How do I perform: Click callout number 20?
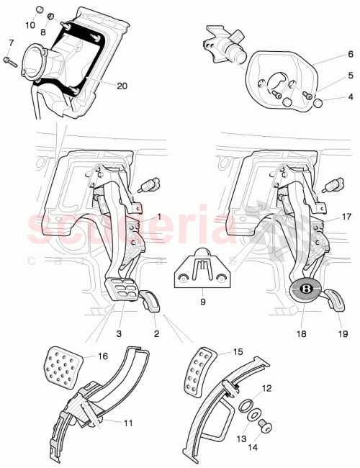click(x=122, y=86)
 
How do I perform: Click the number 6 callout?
click(x=330, y=54)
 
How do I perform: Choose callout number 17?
click(x=326, y=215)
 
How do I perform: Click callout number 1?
click(x=159, y=217)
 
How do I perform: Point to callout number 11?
click(x=127, y=423)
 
